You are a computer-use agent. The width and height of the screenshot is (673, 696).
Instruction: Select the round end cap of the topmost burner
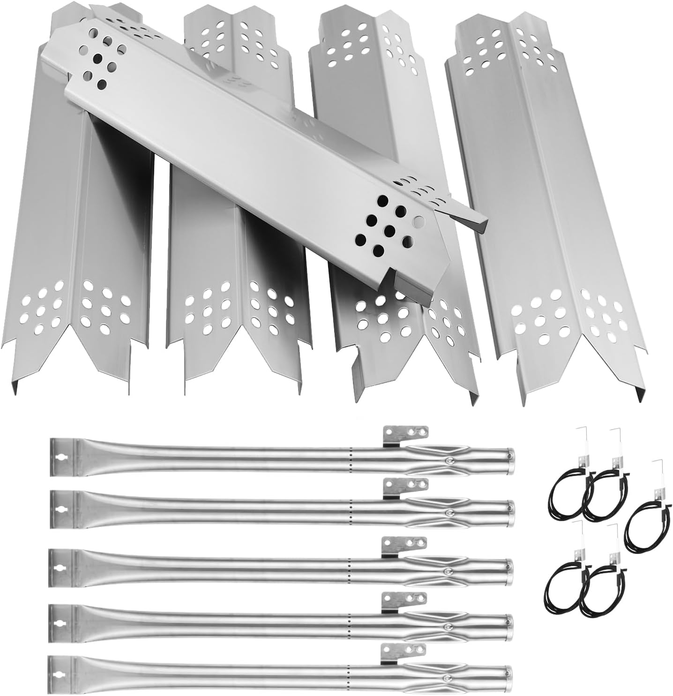coord(510,455)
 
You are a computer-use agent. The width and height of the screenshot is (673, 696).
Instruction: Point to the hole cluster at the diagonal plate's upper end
coord(101,61)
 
